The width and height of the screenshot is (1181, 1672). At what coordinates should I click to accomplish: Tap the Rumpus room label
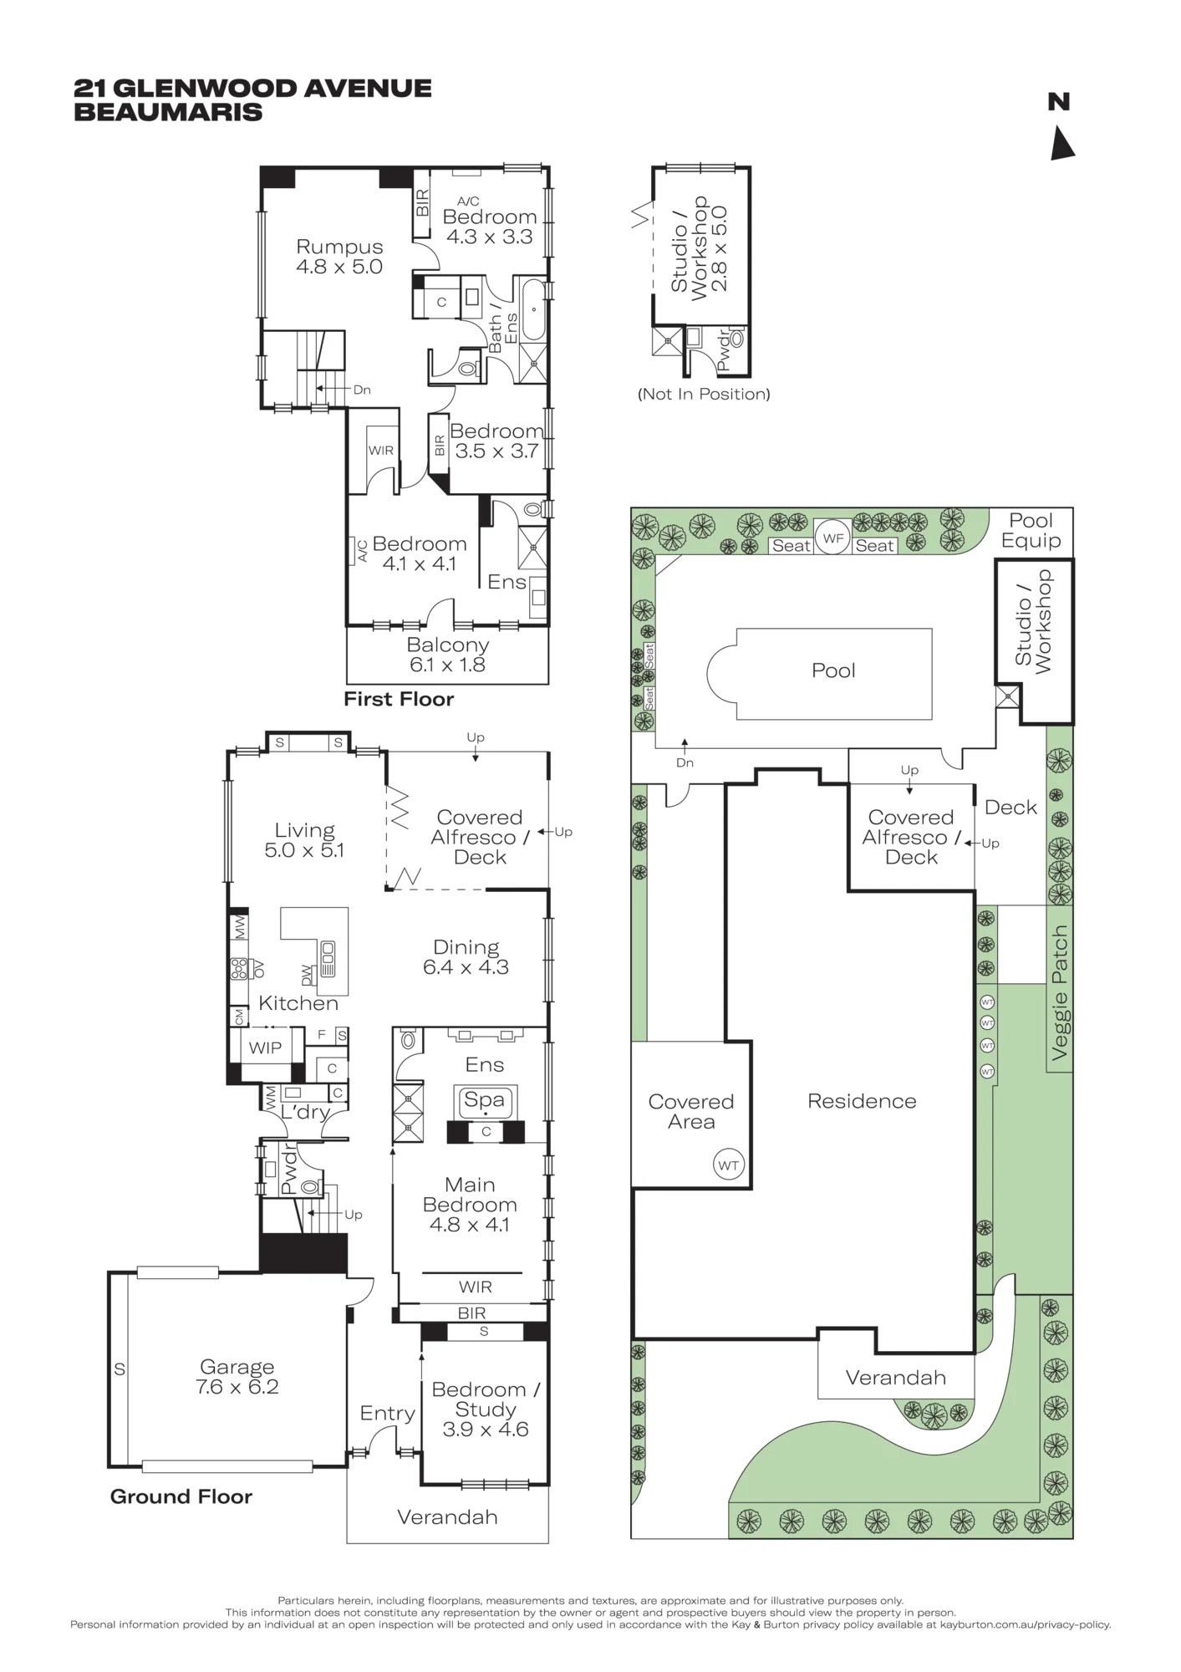point(339,257)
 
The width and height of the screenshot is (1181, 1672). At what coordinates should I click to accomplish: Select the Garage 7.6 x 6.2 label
point(237,1377)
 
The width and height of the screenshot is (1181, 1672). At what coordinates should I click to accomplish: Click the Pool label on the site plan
point(833,670)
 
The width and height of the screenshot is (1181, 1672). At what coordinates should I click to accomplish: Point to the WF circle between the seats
point(833,538)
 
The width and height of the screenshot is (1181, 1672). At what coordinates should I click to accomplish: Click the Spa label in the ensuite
point(485,1100)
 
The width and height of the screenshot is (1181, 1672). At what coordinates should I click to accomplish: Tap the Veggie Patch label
point(1060,993)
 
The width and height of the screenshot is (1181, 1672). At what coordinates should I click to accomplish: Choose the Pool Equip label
point(1031,531)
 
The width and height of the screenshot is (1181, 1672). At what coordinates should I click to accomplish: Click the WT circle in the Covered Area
point(729,1165)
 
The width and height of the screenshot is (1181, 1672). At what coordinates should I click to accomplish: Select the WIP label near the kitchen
point(265,1048)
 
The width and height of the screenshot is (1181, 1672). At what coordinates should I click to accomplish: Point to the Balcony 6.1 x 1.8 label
point(448,655)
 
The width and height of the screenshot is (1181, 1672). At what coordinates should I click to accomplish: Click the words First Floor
point(399,699)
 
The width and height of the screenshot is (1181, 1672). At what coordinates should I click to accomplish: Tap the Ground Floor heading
point(181,1496)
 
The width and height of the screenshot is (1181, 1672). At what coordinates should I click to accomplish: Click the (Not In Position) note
point(704,394)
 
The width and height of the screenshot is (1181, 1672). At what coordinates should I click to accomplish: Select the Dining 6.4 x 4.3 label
point(466,957)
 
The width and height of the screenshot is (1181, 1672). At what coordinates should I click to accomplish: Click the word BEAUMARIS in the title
point(168,112)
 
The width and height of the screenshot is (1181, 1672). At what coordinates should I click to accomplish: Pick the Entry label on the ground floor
point(388,1413)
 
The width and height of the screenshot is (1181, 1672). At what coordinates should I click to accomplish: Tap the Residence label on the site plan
point(862,1101)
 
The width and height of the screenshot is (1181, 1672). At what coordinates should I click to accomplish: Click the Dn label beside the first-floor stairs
point(362,390)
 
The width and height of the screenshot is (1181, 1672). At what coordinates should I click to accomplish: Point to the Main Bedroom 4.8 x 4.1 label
point(470,1205)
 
